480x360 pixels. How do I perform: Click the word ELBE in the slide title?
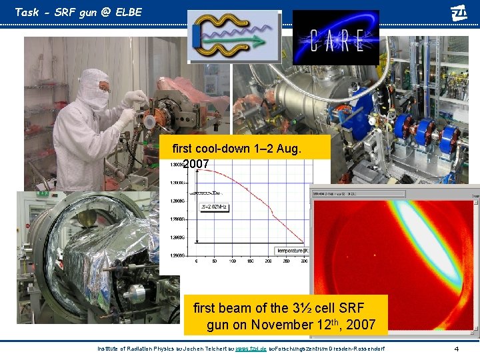pos(127,12)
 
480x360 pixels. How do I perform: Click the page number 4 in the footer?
pos(456,349)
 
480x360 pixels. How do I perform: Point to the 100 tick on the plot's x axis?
pos(233,261)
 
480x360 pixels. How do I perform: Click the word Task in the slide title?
pos(27,12)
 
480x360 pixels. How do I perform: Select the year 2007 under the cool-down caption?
pos(196,163)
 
